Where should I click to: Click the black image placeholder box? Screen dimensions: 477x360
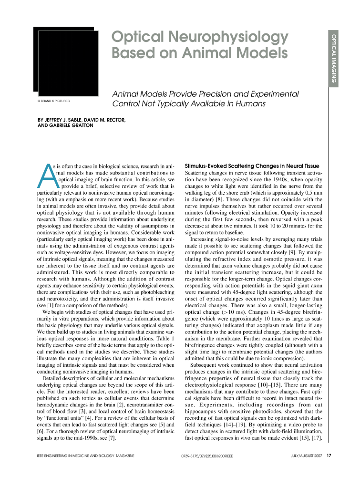coord(65,61)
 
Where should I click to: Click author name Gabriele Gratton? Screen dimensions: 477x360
coord(72,126)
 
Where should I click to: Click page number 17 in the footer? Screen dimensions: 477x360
coord(329,456)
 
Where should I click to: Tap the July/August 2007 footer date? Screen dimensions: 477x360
coord(307,456)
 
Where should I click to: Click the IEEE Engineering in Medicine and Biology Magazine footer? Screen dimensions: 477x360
coord(85,456)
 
